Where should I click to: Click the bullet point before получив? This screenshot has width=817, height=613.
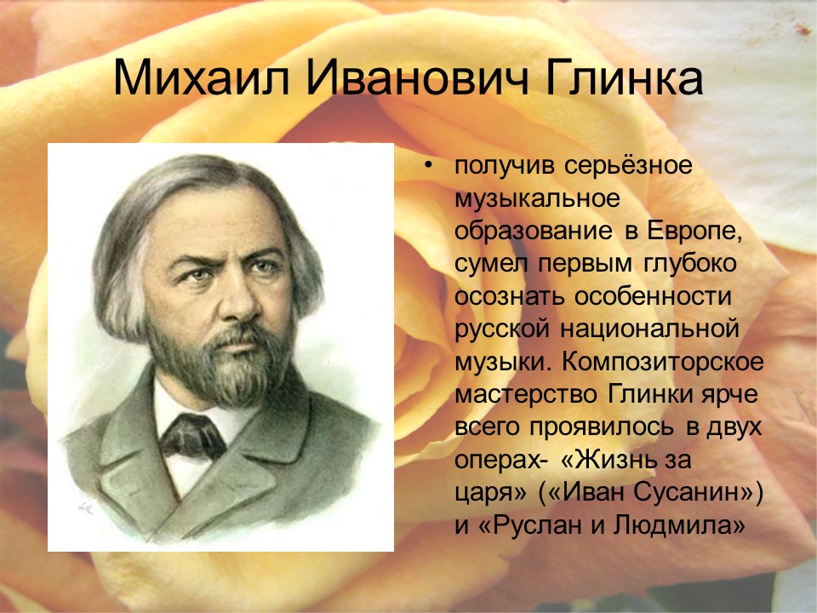tap(428, 165)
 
